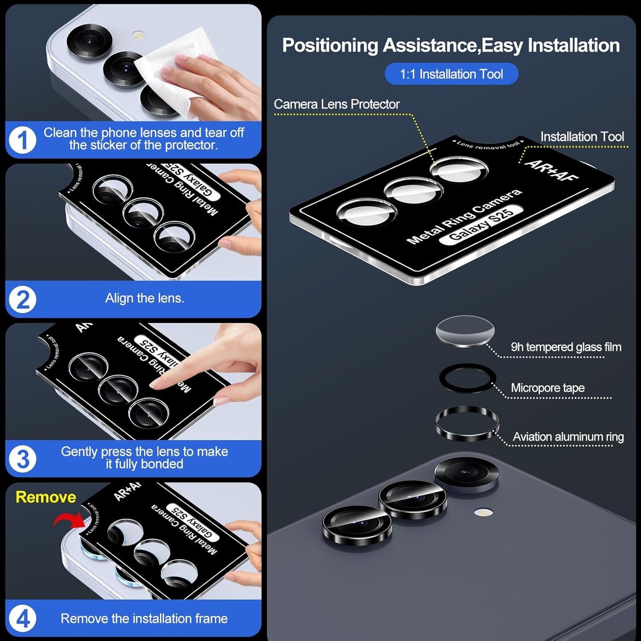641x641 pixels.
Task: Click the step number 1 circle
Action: (22, 140)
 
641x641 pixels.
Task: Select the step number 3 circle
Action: (22, 459)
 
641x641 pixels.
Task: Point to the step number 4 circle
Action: (22, 618)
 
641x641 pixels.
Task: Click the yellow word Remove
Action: (46, 497)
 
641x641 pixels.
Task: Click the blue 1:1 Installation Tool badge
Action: (451, 74)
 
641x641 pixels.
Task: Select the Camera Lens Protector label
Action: (337, 104)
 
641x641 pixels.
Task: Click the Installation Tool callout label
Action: (582, 137)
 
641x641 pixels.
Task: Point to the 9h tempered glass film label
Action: (566, 347)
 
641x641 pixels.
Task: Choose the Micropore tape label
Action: (547, 388)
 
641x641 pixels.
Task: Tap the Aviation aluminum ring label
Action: (568, 437)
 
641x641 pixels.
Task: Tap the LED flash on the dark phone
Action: (484, 513)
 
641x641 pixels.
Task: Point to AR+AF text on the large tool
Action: (552, 170)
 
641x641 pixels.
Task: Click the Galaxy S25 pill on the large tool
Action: (481, 224)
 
